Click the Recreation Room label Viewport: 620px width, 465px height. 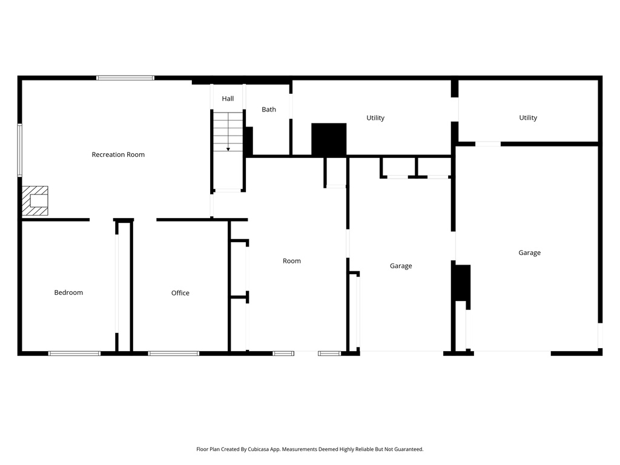[118, 154]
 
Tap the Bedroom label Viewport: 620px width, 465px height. [68, 292]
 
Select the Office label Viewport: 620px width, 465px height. [180, 293]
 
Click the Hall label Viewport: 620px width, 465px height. [228, 99]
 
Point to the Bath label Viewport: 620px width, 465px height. [269, 110]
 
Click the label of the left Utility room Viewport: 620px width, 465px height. [375, 118]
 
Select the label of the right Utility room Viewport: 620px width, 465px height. [528, 118]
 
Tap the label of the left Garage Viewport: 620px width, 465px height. [401, 266]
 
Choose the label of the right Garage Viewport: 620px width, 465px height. [529, 252]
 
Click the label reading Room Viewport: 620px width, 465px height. [292, 261]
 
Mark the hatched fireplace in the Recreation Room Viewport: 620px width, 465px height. [35, 201]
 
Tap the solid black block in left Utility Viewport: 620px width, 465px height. [329, 139]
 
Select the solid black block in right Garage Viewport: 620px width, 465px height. [462, 283]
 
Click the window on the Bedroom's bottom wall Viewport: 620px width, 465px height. [74, 353]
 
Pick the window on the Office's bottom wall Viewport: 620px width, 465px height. [174, 353]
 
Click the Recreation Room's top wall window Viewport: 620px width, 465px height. [125, 77]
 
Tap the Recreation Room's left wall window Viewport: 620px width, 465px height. [20, 150]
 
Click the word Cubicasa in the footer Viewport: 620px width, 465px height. [259, 449]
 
